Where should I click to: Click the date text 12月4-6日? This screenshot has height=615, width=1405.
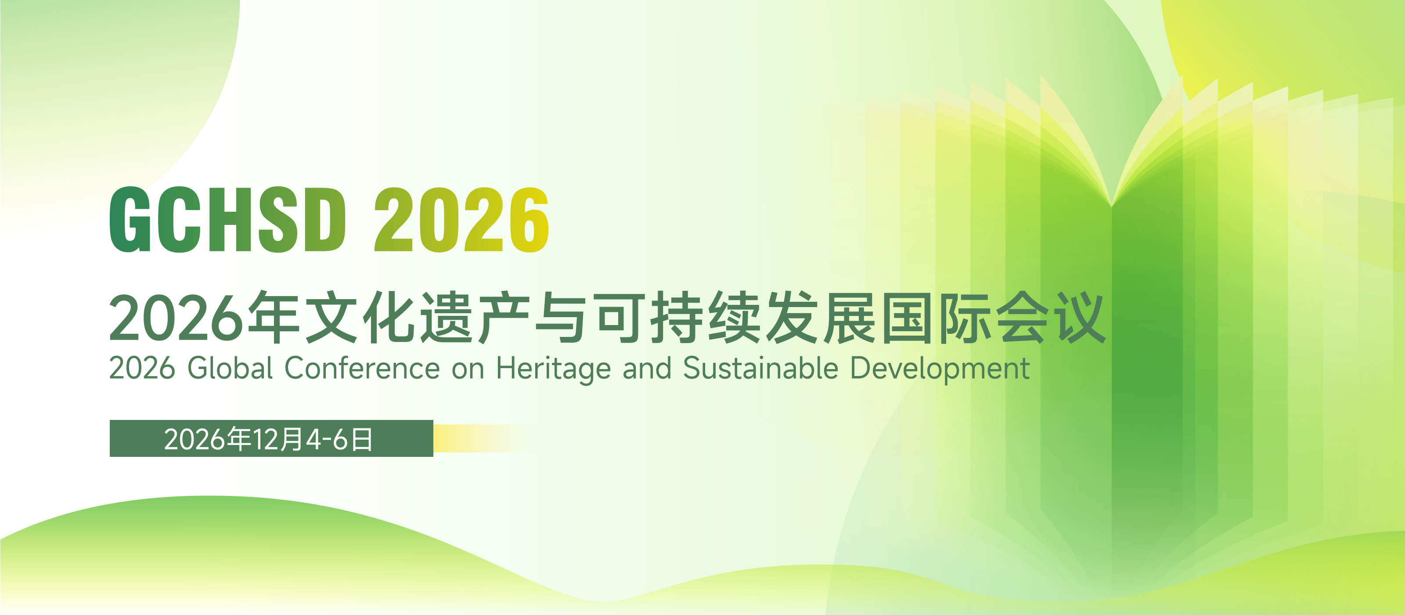tap(313, 439)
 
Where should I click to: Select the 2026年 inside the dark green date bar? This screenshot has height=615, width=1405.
tap(207, 439)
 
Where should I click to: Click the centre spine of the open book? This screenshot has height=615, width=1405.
tap(1112, 382)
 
